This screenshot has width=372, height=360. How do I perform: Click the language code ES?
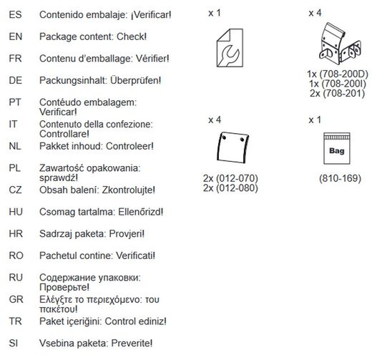click(x=15, y=14)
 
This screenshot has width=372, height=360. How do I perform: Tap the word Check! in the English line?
click(x=132, y=37)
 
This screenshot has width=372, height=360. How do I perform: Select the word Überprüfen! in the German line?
click(x=136, y=80)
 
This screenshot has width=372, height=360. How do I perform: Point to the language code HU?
click(x=16, y=212)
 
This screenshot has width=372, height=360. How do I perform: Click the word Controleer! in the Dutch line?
click(x=129, y=146)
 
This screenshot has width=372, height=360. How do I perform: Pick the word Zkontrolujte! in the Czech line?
click(x=129, y=190)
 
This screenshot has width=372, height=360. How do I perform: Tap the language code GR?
click(x=16, y=299)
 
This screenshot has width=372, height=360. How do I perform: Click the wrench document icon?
click(x=230, y=48)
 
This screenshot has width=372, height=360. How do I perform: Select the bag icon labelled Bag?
click(x=337, y=148)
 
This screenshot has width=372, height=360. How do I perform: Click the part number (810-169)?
click(x=340, y=178)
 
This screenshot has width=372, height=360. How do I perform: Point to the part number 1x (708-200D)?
click(x=338, y=74)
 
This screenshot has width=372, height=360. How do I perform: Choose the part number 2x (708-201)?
click(x=338, y=93)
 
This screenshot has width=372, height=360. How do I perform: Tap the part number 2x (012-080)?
click(x=230, y=188)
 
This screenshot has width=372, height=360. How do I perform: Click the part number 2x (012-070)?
click(x=230, y=178)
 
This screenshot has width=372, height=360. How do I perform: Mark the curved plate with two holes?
click(x=232, y=147)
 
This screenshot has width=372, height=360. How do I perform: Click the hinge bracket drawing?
click(x=340, y=44)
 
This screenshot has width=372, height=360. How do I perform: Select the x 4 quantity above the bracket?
click(x=315, y=13)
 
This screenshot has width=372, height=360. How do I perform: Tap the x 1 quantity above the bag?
click(x=315, y=120)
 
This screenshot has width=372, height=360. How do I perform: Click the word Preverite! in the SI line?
click(x=132, y=344)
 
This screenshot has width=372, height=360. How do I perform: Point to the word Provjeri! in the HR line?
click(x=127, y=234)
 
